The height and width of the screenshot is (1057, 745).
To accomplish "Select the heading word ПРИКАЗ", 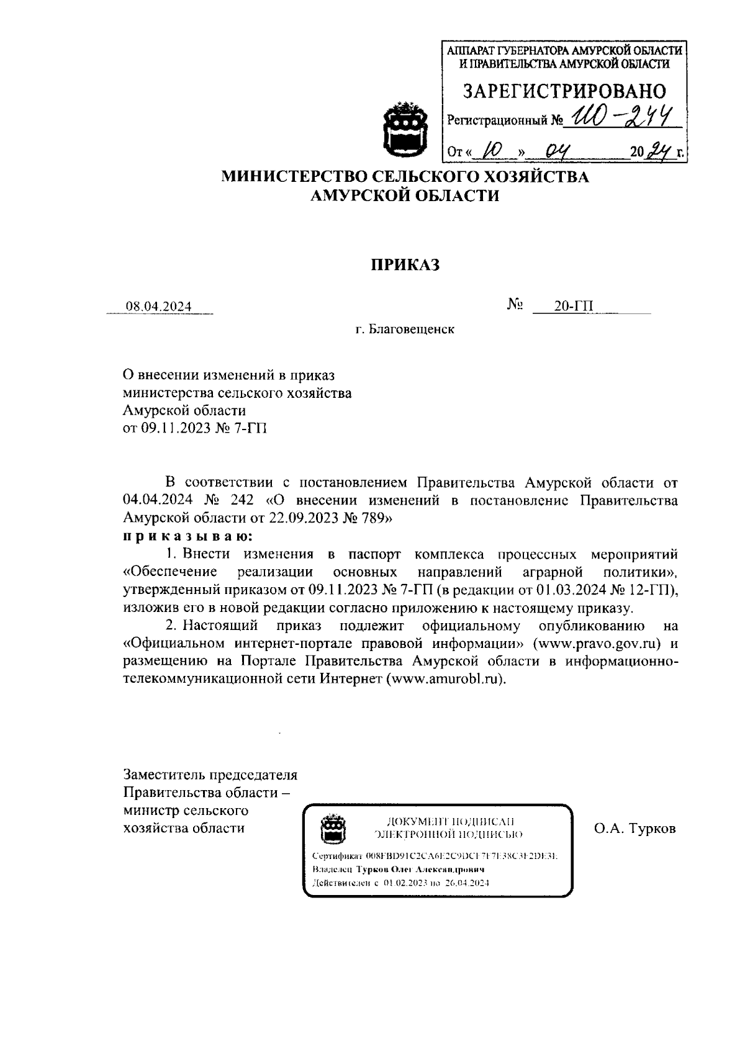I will click(x=405, y=265).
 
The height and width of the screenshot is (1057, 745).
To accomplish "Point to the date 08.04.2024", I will click(x=159, y=307).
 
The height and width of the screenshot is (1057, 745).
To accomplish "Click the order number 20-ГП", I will click(x=574, y=306).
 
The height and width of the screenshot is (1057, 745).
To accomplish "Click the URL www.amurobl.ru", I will click(x=444, y=678).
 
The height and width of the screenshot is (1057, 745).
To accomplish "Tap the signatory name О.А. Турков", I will click(x=634, y=829).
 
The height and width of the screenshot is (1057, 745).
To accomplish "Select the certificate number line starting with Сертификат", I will click(x=435, y=857).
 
